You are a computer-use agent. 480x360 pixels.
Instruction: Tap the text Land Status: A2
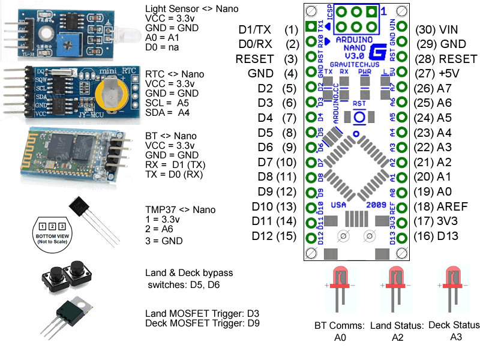[394, 331]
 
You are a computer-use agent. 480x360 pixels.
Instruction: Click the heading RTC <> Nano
[175, 74]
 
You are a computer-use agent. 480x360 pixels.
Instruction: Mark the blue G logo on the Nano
[378, 52]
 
